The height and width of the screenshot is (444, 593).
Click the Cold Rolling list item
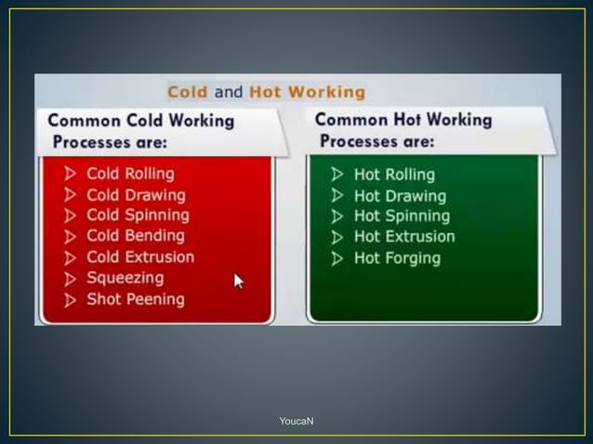[x=130, y=174]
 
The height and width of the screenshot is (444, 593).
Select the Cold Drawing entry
[x=136, y=195]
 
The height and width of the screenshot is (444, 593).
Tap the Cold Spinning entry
[x=138, y=215]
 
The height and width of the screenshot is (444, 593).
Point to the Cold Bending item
[x=136, y=236]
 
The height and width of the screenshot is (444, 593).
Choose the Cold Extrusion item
[x=140, y=257]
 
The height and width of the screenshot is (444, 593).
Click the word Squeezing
[x=125, y=278]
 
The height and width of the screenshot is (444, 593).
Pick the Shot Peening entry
[x=136, y=299]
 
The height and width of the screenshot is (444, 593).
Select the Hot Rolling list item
[x=394, y=175]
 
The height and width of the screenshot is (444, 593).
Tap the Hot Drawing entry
[x=400, y=196]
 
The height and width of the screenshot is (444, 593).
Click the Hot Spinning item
[x=402, y=216]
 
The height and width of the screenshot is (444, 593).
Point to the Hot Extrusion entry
[x=404, y=237]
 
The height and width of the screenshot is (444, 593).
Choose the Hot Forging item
[x=397, y=258]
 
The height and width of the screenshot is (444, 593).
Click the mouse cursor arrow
[x=239, y=281]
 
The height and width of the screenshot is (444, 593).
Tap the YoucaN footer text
[x=296, y=422]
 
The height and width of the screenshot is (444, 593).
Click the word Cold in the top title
[x=188, y=92]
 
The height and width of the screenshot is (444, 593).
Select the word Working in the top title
[x=325, y=92]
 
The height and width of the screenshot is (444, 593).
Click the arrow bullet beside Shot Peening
[x=72, y=300]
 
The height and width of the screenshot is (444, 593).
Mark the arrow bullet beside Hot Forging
[x=336, y=258]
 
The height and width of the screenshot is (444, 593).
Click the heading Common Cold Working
[x=140, y=122]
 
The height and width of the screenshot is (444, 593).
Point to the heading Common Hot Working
[x=403, y=121]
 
